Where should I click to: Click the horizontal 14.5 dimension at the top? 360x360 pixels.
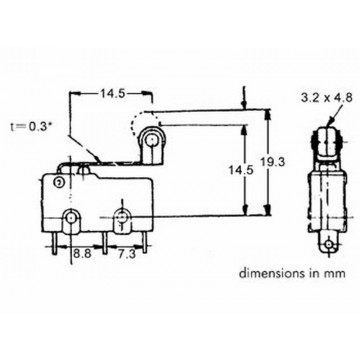click(113, 94)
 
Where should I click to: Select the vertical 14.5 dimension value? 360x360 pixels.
click(241, 170)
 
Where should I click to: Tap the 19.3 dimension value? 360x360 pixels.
click(273, 162)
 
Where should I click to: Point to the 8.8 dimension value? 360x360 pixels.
click(83, 254)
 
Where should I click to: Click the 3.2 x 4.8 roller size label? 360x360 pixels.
click(326, 98)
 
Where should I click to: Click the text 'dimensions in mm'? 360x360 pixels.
click(292, 274)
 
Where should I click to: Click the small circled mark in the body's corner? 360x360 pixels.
click(60, 182)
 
